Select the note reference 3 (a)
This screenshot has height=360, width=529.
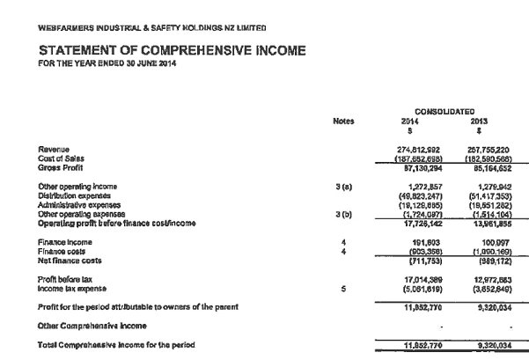(x=347, y=186)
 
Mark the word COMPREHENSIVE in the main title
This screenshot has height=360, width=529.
(x=189, y=50)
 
